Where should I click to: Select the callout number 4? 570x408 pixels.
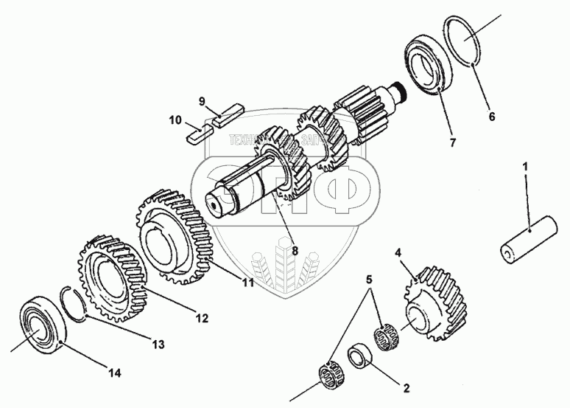(398, 253)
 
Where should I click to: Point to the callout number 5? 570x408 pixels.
(370, 280)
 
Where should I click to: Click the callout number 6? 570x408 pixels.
(492, 116)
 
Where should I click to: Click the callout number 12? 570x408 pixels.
(202, 319)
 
